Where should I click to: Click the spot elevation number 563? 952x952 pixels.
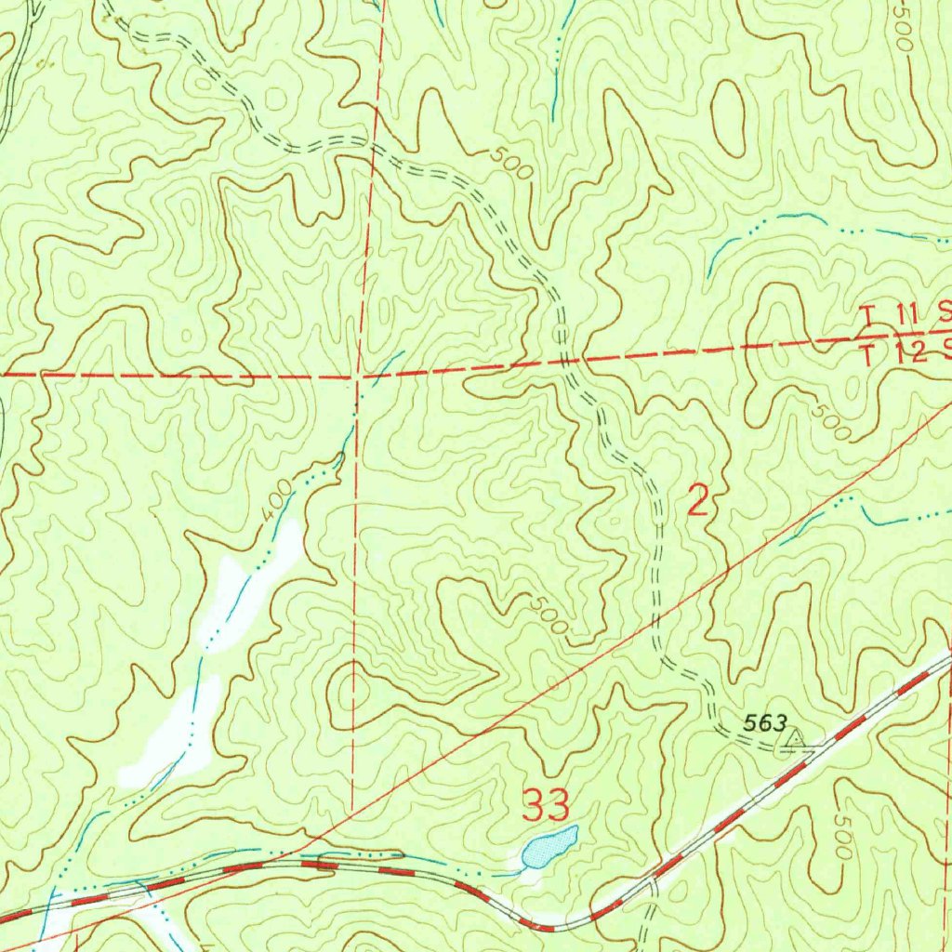[766, 722]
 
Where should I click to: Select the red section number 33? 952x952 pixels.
[546, 804]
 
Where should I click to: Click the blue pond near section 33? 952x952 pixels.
[549, 845]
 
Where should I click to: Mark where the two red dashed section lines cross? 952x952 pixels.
[359, 377]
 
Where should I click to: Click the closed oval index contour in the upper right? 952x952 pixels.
[728, 116]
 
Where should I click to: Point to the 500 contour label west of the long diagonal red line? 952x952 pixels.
[548, 615]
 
